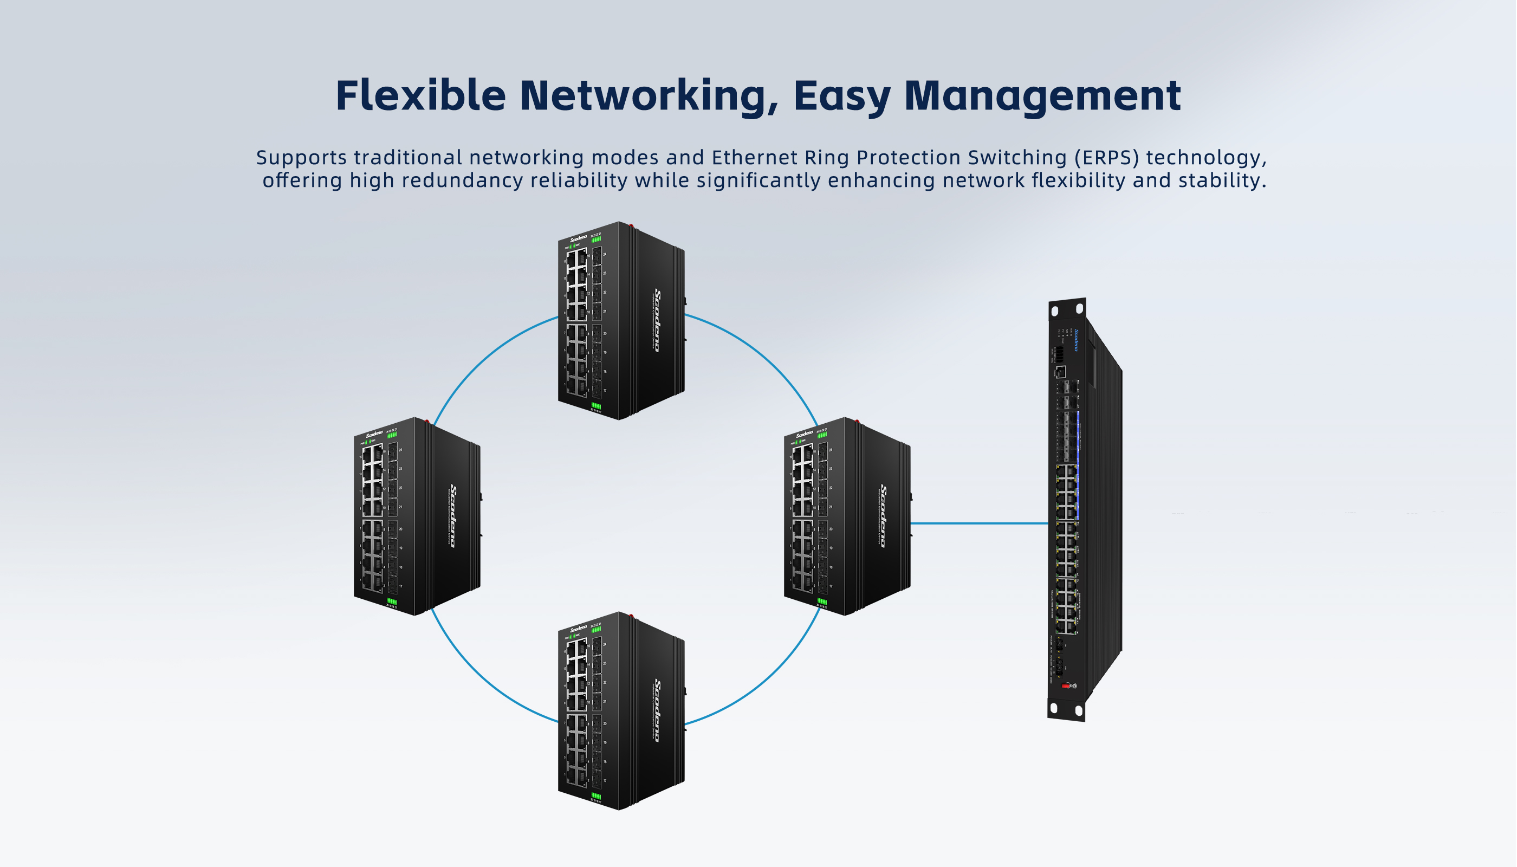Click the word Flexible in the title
[420, 95]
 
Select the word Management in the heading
[1042, 95]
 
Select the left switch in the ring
[417, 516]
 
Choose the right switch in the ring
[847, 516]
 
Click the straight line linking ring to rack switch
[980, 523]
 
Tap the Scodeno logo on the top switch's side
[657, 320]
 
